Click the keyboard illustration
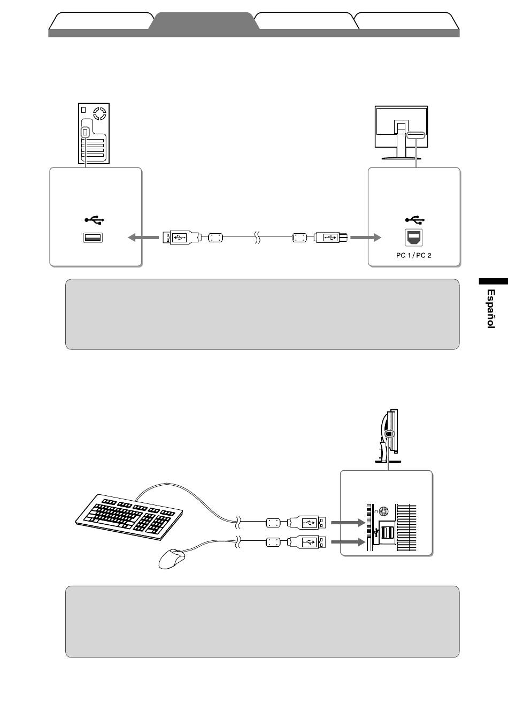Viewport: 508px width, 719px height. click(x=129, y=517)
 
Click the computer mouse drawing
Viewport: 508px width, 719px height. click(x=172, y=559)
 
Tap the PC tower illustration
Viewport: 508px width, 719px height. click(x=94, y=133)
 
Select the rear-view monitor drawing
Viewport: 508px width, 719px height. click(x=402, y=133)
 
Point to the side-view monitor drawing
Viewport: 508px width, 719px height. click(x=388, y=436)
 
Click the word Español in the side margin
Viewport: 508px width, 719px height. click(x=491, y=309)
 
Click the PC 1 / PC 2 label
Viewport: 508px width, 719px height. click(x=414, y=255)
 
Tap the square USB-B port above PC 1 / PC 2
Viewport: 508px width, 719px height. click(x=414, y=238)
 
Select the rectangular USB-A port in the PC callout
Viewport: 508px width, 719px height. click(x=93, y=238)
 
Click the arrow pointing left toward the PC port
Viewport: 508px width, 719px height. click(x=143, y=238)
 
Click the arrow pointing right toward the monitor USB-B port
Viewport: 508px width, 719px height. click(x=366, y=238)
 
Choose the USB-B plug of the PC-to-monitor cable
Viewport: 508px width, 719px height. click(x=331, y=238)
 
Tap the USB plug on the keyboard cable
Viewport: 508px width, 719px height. click(x=306, y=523)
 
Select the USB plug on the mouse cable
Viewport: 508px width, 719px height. click(x=306, y=542)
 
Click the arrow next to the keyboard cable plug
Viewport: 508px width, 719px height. click(x=348, y=523)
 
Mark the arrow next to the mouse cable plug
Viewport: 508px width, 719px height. click(x=348, y=542)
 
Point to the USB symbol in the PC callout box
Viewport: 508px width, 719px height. click(x=94, y=220)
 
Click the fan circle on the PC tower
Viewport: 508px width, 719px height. click(x=99, y=113)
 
